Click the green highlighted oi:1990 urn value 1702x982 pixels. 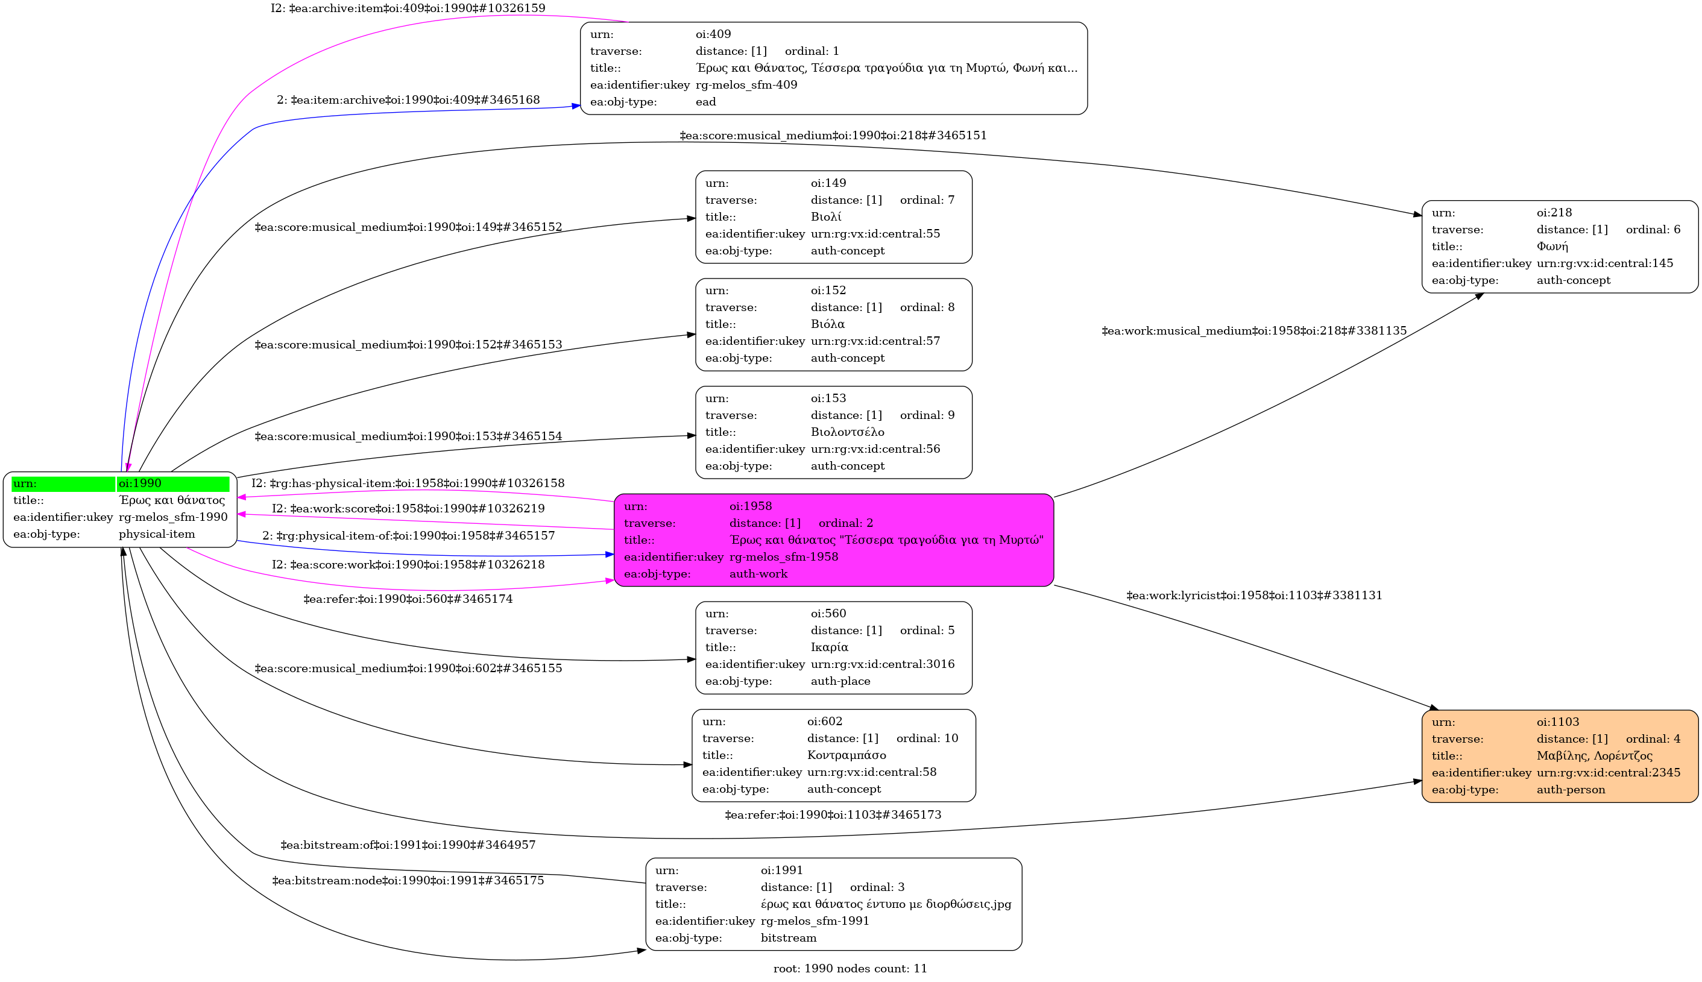coord(172,483)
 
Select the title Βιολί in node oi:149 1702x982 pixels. coord(825,217)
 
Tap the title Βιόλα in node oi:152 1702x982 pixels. coord(827,324)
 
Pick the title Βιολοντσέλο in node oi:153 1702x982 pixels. coord(847,432)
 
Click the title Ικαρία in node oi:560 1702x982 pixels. coord(829,647)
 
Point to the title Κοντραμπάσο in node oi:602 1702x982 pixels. coord(846,755)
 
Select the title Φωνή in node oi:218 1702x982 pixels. coord(1552,247)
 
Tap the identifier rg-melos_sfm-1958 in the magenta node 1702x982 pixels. coord(784,557)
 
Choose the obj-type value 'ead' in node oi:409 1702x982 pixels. coord(705,102)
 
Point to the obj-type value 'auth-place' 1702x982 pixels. coord(840,681)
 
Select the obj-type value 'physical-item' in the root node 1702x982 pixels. coord(156,534)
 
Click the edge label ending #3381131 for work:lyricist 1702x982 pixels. coord(1254,596)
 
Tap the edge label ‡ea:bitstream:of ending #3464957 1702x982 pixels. coord(408,845)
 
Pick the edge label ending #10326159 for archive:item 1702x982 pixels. coord(408,8)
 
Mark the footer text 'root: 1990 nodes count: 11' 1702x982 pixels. coord(849,969)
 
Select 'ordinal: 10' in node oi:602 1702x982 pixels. coord(927,738)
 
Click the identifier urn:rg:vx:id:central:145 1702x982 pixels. coord(1604,263)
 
